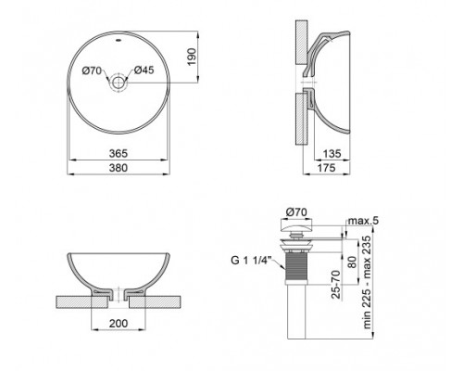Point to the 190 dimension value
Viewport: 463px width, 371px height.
[189, 56]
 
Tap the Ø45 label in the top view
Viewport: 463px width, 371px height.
[144, 70]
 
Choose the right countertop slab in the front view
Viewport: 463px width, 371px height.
[157, 301]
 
